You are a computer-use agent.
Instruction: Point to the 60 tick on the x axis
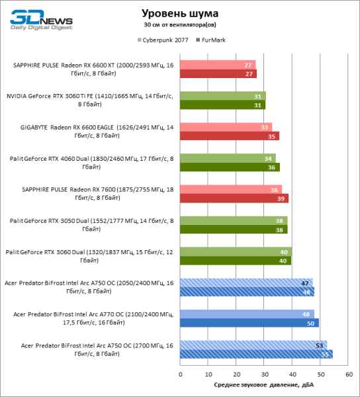coord(348,375)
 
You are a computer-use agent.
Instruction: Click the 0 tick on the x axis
coord(180,375)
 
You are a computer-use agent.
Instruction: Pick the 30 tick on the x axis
coord(264,375)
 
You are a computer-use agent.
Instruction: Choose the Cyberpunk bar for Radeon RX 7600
coord(230,189)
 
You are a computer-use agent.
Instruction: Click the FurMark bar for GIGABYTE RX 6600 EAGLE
coord(229,136)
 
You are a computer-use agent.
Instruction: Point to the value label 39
coord(283,198)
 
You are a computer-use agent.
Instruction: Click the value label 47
coord(305,283)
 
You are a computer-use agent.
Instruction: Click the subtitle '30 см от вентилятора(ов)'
coord(180,25)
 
